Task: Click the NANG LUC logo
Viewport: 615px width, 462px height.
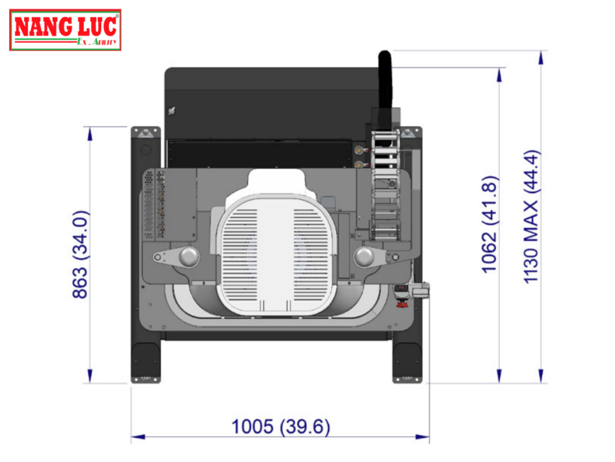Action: [65, 29]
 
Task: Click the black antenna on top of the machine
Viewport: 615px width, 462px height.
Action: [384, 78]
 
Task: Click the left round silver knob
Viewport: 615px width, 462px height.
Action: [188, 256]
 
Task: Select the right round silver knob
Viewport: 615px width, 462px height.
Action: [364, 257]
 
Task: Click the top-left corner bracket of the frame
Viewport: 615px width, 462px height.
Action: [145, 133]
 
